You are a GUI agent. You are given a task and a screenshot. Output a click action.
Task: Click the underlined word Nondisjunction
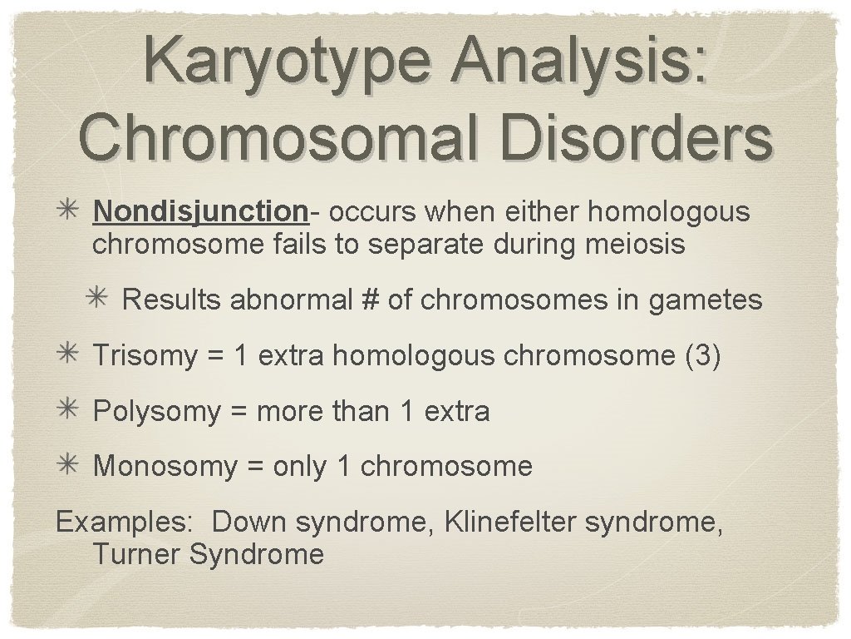pyautogui.click(x=200, y=212)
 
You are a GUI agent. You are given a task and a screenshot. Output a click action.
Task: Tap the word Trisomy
pyautogui.click(x=145, y=356)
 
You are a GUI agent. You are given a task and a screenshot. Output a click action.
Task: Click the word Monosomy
pyautogui.click(x=165, y=467)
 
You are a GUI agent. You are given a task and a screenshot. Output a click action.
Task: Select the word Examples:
pyautogui.click(x=124, y=523)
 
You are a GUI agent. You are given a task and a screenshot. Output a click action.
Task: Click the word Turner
pyautogui.click(x=136, y=554)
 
